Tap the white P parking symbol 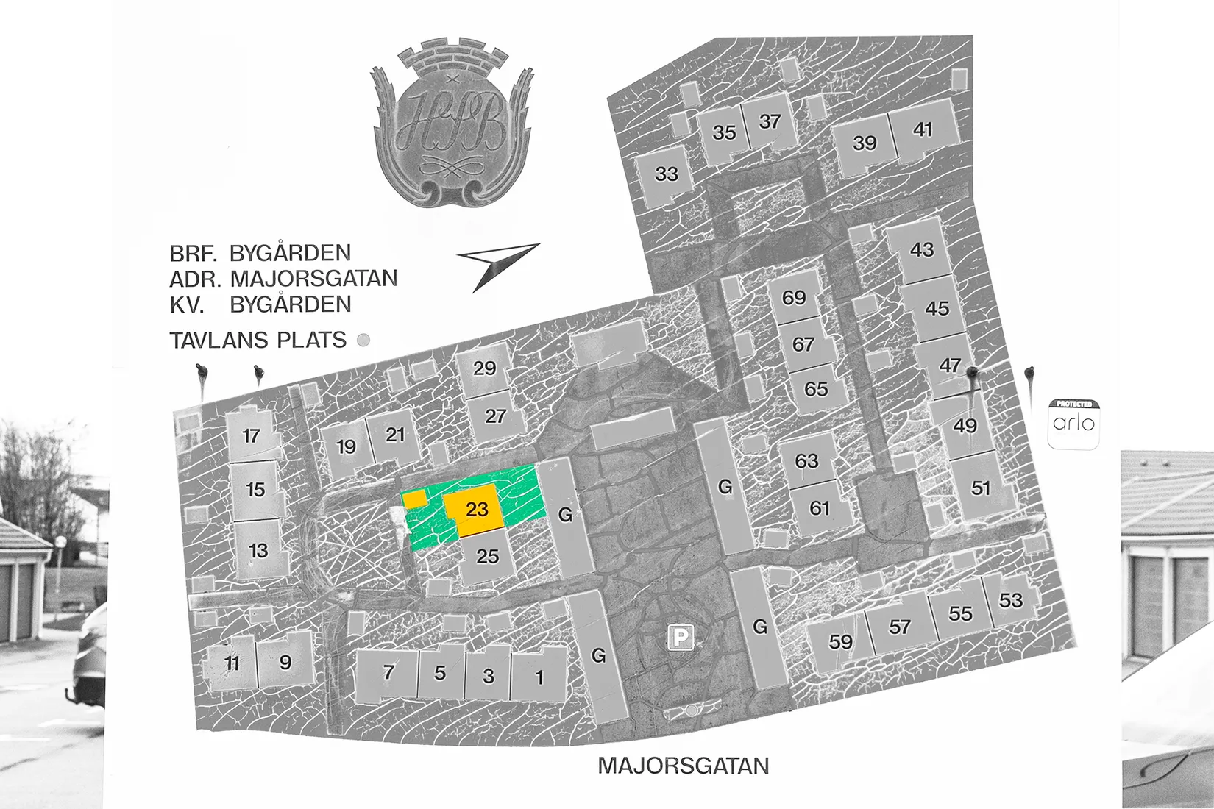click(681, 638)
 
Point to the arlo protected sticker click(1073, 424)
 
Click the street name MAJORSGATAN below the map click(683, 766)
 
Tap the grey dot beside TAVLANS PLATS click(363, 340)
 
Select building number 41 click(923, 130)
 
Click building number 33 click(666, 174)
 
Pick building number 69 click(794, 298)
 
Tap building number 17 click(252, 436)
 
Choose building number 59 click(840, 642)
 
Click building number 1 click(539, 677)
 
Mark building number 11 click(232, 663)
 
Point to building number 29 click(484, 368)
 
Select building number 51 click(981, 488)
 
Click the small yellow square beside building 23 click(414, 499)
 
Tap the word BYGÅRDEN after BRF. click(290, 253)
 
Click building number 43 click(922, 250)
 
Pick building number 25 click(487, 556)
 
